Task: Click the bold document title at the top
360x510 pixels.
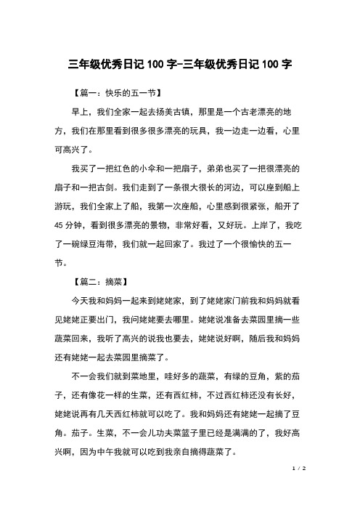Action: click(180, 62)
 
